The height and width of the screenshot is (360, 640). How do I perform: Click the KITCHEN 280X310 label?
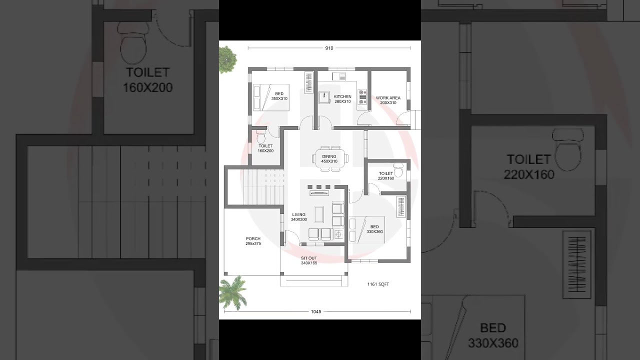coord(342,99)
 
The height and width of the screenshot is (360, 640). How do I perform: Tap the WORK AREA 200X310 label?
coord(388,100)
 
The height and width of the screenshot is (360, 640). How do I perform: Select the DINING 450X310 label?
coord(329,159)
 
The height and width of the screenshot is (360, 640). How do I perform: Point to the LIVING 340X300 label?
coord(298,217)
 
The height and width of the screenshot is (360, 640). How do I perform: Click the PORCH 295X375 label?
coord(253,241)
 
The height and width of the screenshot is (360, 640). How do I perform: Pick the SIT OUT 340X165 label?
coord(308,260)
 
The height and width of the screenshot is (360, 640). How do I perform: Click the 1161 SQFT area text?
coord(378,284)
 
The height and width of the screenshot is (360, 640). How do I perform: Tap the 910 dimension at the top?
coord(329,48)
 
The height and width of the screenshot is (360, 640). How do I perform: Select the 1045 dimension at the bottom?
coord(315,311)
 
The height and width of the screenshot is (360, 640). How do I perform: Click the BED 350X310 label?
coord(279,96)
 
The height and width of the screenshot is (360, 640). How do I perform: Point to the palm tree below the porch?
coord(232,292)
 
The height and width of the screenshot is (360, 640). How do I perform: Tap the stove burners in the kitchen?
coord(362,97)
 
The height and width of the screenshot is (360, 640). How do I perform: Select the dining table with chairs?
coord(329,158)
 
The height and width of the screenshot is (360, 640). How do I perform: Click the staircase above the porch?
coord(255,187)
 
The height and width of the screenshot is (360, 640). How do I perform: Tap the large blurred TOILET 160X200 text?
coord(147,80)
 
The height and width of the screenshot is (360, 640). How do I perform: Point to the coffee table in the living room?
coord(319,214)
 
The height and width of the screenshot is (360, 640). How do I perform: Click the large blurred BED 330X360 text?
coord(493,335)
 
